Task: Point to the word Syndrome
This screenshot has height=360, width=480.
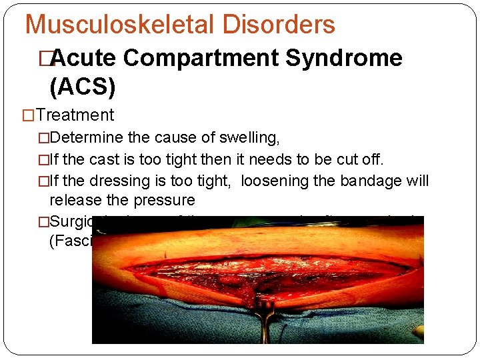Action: pyautogui.click(x=344, y=59)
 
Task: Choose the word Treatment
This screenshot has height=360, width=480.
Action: pyautogui.click(x=75, y=115)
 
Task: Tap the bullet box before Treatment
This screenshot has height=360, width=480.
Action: pyautogui.click(x=29, y=115)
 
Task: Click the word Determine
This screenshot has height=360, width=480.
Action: pyautogui.click(x=84, y=138)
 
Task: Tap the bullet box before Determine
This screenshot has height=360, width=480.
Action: pyautogui.click(x=44, y=138)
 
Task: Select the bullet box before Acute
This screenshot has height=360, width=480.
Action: pyautogui.click(x=45, y=59)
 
